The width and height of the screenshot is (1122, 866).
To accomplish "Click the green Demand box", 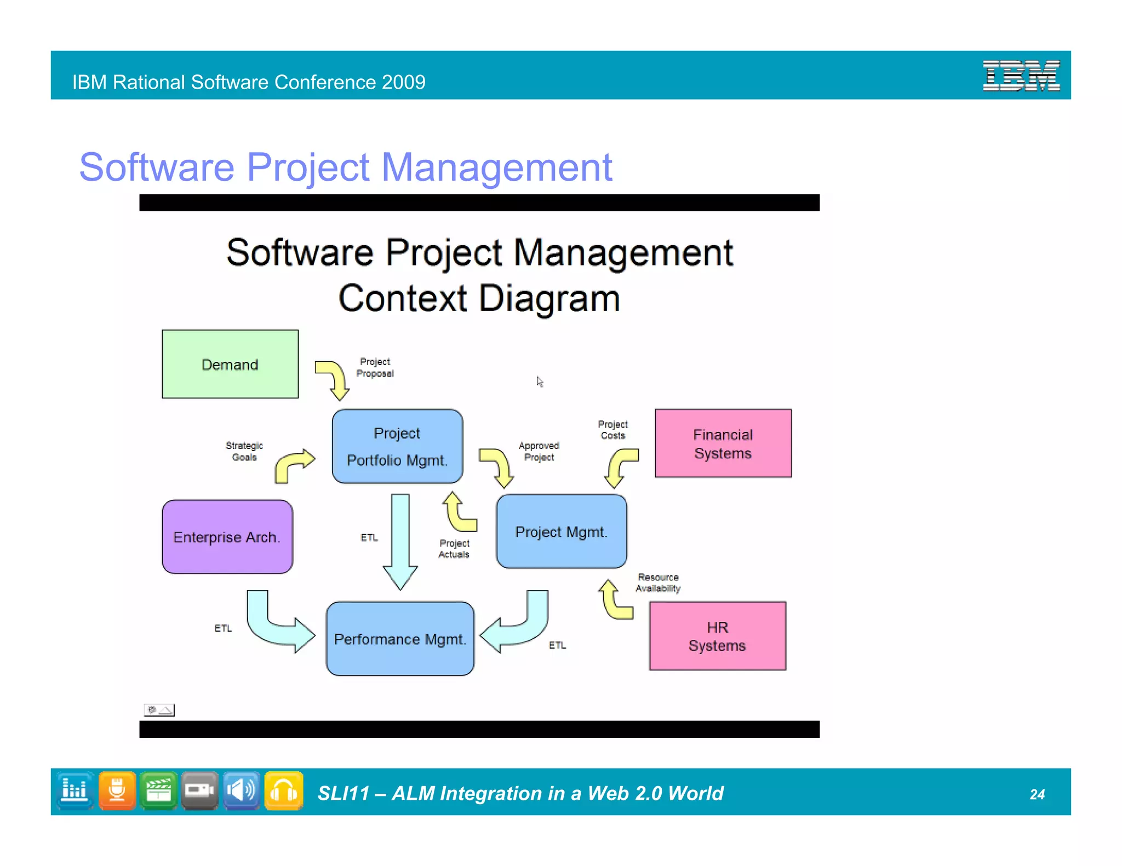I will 230,364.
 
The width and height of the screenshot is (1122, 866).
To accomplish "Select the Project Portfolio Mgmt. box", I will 397,446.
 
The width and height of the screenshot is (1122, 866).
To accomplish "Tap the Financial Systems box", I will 723,443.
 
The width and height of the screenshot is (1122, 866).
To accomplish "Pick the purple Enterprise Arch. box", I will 227,536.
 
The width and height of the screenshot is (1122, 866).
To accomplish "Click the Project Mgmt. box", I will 562,532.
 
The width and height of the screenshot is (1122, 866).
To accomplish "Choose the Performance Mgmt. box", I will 400,639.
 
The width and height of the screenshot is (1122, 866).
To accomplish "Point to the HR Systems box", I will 717,636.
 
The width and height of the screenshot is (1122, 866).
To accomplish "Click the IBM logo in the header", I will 1021,76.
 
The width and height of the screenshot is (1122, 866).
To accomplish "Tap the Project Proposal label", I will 375,367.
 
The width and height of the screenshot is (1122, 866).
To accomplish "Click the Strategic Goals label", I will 244,452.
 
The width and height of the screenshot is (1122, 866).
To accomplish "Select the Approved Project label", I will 539,452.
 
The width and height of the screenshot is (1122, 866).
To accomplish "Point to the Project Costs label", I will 612,430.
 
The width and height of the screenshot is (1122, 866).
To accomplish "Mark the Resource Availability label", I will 658,583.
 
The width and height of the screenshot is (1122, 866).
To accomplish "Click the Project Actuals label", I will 454,549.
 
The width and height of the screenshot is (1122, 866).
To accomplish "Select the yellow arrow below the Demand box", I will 333,379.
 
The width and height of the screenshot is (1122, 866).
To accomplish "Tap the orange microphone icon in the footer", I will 117,791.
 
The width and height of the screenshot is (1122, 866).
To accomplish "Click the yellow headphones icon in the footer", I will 284,791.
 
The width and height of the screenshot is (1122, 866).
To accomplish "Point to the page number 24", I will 1037,794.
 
